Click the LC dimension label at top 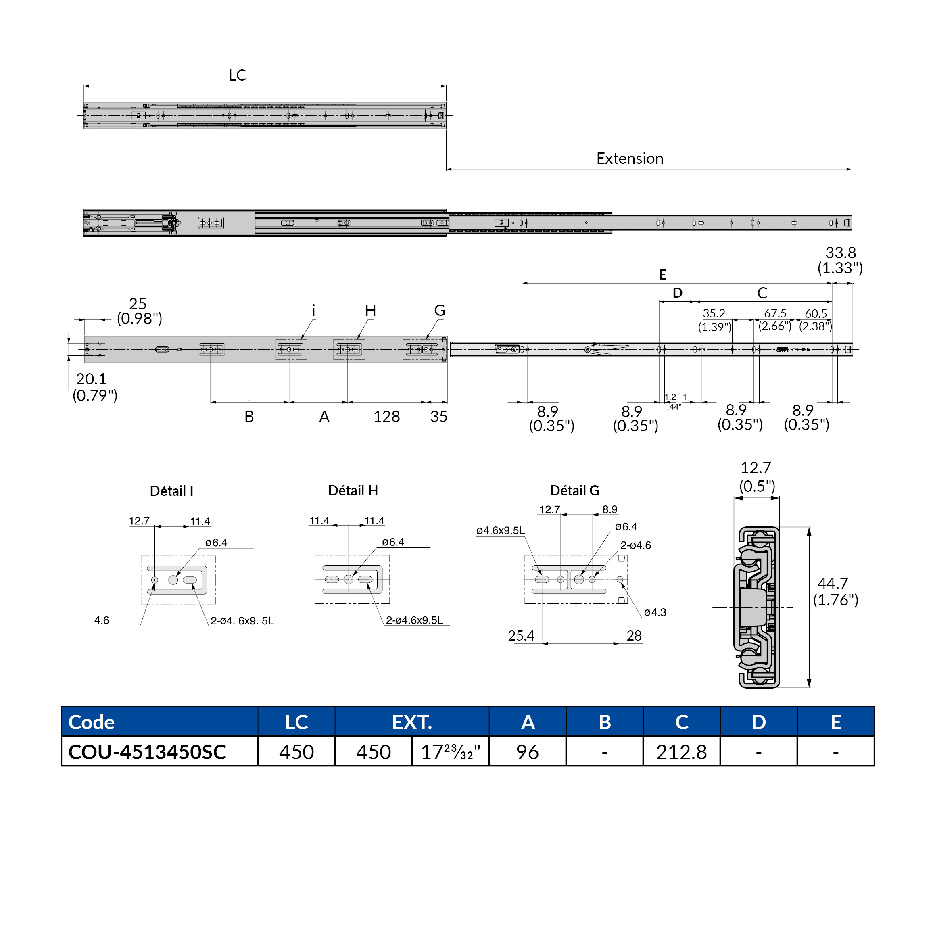tap(237, 75)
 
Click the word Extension tap(629, 159)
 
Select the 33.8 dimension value tap(840, 253)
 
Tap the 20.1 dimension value tap(91, 379)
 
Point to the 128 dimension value tap(386, 416)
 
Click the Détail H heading tap(353, 490)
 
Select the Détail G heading tap(574, 490)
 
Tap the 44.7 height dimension tap(832, 583)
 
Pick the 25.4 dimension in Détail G tap(521, 636)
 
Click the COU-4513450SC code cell tap(147, 752)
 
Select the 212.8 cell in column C tap(681, 752)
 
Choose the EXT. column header tap(411, 722)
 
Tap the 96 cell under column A tap(527, 752)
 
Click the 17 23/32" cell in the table tap(450, 752)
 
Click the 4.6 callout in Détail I tap(101, 620)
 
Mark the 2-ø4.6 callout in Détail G tap(636, 545)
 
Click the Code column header tap(92, 722)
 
